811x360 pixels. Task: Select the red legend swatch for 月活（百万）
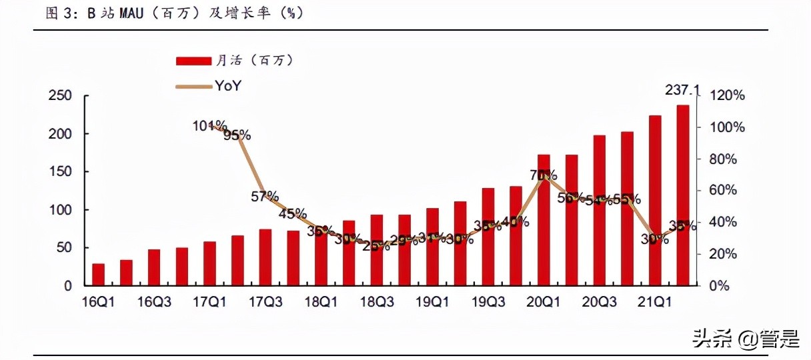[193, 61]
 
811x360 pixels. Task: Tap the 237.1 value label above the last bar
[682, 90]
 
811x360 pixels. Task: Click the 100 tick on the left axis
[60, 210]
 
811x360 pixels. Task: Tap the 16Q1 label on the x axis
[99, 302]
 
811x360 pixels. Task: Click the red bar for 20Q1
[544, 220]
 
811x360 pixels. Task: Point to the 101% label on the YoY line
[209, 125]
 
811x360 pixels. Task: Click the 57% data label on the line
[265, 196]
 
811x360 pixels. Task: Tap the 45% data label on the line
[293, 214]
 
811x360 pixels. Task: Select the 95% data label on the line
[237, 135]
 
